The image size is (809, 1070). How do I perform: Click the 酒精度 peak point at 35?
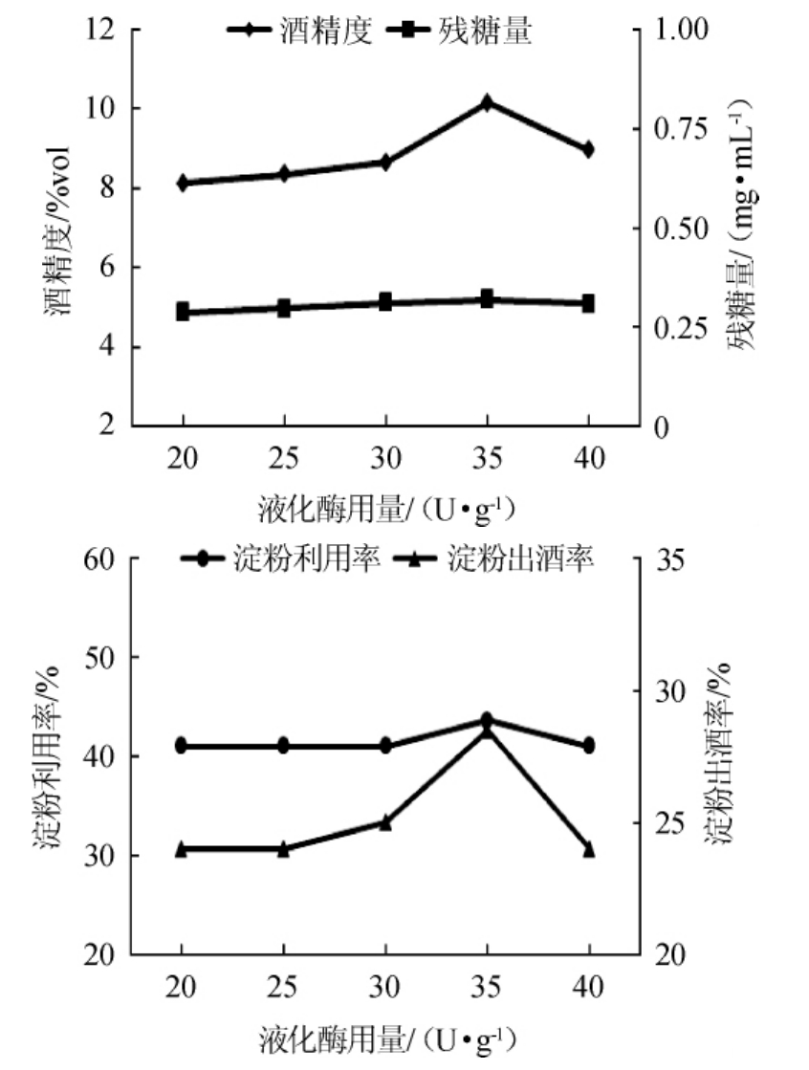click(487, 102)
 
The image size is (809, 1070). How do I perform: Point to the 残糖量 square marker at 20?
click(183, 312)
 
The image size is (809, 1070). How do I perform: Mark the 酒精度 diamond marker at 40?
click(588, 149)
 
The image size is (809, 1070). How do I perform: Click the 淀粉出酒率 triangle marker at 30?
click(385, 821)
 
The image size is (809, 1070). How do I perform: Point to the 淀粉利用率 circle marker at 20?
click(183, 746)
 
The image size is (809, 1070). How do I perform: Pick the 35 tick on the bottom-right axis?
click(669, 559)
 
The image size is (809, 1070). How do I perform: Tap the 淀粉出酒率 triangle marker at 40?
click(588, 848)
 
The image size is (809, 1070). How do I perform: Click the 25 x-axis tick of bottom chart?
click(284, 989)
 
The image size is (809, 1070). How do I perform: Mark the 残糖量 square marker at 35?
click(487, 299)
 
